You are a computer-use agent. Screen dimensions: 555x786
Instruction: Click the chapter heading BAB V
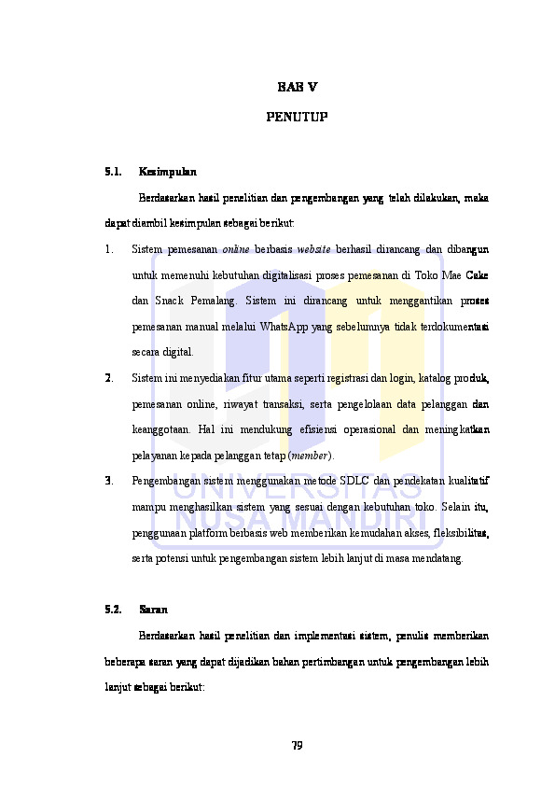298,88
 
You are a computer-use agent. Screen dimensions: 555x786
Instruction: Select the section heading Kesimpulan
167,172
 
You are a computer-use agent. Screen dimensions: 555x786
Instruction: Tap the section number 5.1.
114,172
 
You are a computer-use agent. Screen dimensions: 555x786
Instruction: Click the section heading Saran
153,610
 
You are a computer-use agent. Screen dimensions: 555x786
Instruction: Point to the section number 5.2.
114,610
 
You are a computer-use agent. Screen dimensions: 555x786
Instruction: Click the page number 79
297,745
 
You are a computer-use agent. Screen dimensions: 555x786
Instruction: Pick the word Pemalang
213,301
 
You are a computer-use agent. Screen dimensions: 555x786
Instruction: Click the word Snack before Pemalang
167,301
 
